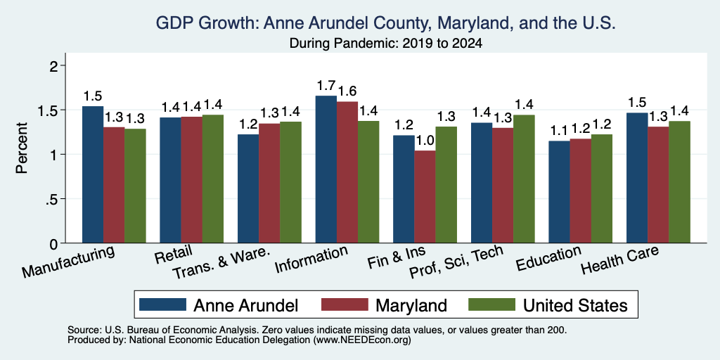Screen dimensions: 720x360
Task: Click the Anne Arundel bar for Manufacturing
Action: tap(93, 174)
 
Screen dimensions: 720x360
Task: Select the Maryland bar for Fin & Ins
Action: tap(425, 197)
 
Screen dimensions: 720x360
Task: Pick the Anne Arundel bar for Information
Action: tap(326, 169)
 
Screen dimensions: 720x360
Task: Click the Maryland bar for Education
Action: tap(580, 191)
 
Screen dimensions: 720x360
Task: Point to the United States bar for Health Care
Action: tap(680, 182)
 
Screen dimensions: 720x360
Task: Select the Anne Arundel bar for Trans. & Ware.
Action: tap(248, 188)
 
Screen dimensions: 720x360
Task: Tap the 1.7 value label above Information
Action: tap(326, 86)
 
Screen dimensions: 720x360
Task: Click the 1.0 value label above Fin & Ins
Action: tap(425, 140)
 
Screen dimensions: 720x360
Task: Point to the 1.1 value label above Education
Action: tap(559, 131)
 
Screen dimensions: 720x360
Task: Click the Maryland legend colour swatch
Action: tap(345, 304)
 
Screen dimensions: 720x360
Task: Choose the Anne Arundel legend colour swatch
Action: tap(162, 304)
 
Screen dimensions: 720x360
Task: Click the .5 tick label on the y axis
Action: tap(53, 199)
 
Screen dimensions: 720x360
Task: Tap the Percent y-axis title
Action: tap(22, 148)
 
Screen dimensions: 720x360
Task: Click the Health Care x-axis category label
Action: tap(620, 259)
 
